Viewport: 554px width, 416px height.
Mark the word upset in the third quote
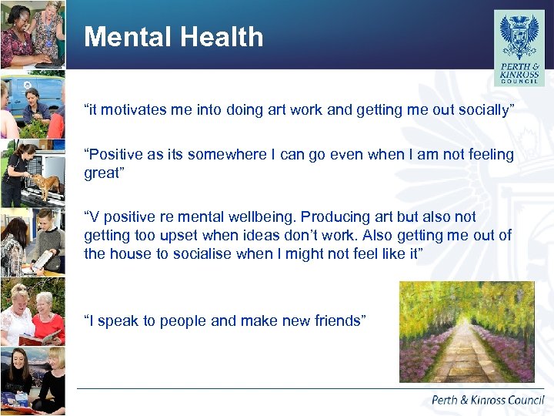tap(179, 236)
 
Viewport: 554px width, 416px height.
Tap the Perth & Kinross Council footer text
tap(488, 400)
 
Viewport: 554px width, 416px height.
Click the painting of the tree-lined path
tap(466, 332)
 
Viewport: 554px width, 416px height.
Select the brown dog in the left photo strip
tap(47, 184)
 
